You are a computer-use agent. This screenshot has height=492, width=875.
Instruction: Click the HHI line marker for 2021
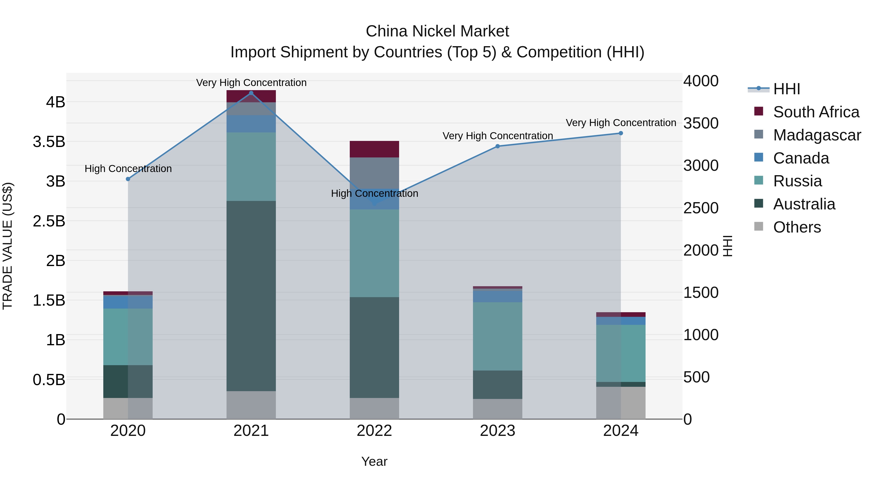pyautogui.click(x=251, y=93)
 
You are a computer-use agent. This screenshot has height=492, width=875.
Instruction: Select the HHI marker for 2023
pyautogui.click(x=498, y=146)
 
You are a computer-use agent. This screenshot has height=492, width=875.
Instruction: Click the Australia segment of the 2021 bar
pyautogui.click(x=251, y=296)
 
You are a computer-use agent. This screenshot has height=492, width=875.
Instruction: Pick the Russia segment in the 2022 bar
pyautogui.click(x=374, y=253)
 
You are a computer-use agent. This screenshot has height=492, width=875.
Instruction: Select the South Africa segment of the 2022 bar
pyautogui.click(x=374, y=149)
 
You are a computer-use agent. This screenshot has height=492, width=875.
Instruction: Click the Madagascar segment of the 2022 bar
pyautogui.click(x=374, y=173)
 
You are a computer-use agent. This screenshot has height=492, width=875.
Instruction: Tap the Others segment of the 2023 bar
pyautogui.click(x=498, y=409)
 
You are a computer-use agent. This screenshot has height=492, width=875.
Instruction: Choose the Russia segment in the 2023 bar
pyautogui.click(x=498, y=336)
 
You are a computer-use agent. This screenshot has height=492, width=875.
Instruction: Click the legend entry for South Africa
pyautogui.click(x=816, y=112)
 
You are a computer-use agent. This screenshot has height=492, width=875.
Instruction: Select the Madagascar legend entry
pyautogui.click(x=817, y=135)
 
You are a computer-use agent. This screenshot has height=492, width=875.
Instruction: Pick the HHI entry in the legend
pyautogui.click(x=786, y=89)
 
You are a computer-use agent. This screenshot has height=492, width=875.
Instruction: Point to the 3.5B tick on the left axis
pyautogui.click(x=49, y=142)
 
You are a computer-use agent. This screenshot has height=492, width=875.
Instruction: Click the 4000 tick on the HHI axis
pyautogui.click(x=701, y=81)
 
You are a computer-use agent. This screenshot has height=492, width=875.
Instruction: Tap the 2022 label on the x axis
pyautogui.click(x=374, y=431)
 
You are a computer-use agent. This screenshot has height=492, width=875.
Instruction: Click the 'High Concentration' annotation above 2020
pyautogui.click(x=128, y=169)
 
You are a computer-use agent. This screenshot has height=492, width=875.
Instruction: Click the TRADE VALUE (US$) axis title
pyautogui.click(x=8, y=246)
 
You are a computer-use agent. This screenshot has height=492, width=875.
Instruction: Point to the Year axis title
pyautogui.click(x=374, y=461)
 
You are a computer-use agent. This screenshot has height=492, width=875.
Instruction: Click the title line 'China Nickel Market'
pyautogui.click(x=437, y=31)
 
